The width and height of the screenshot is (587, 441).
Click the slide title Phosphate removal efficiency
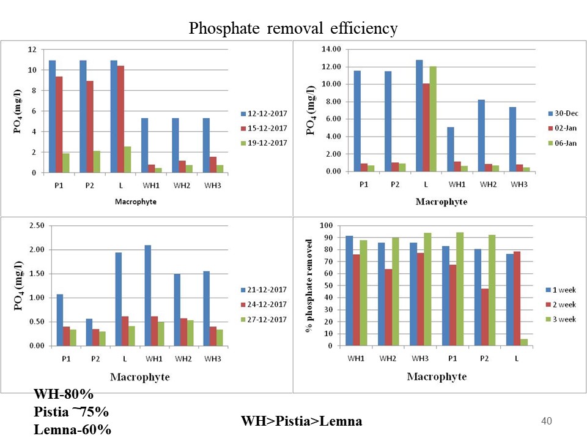click(x=293, y=29)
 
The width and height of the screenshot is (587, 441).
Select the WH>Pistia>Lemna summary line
click(x=301, y=421)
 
